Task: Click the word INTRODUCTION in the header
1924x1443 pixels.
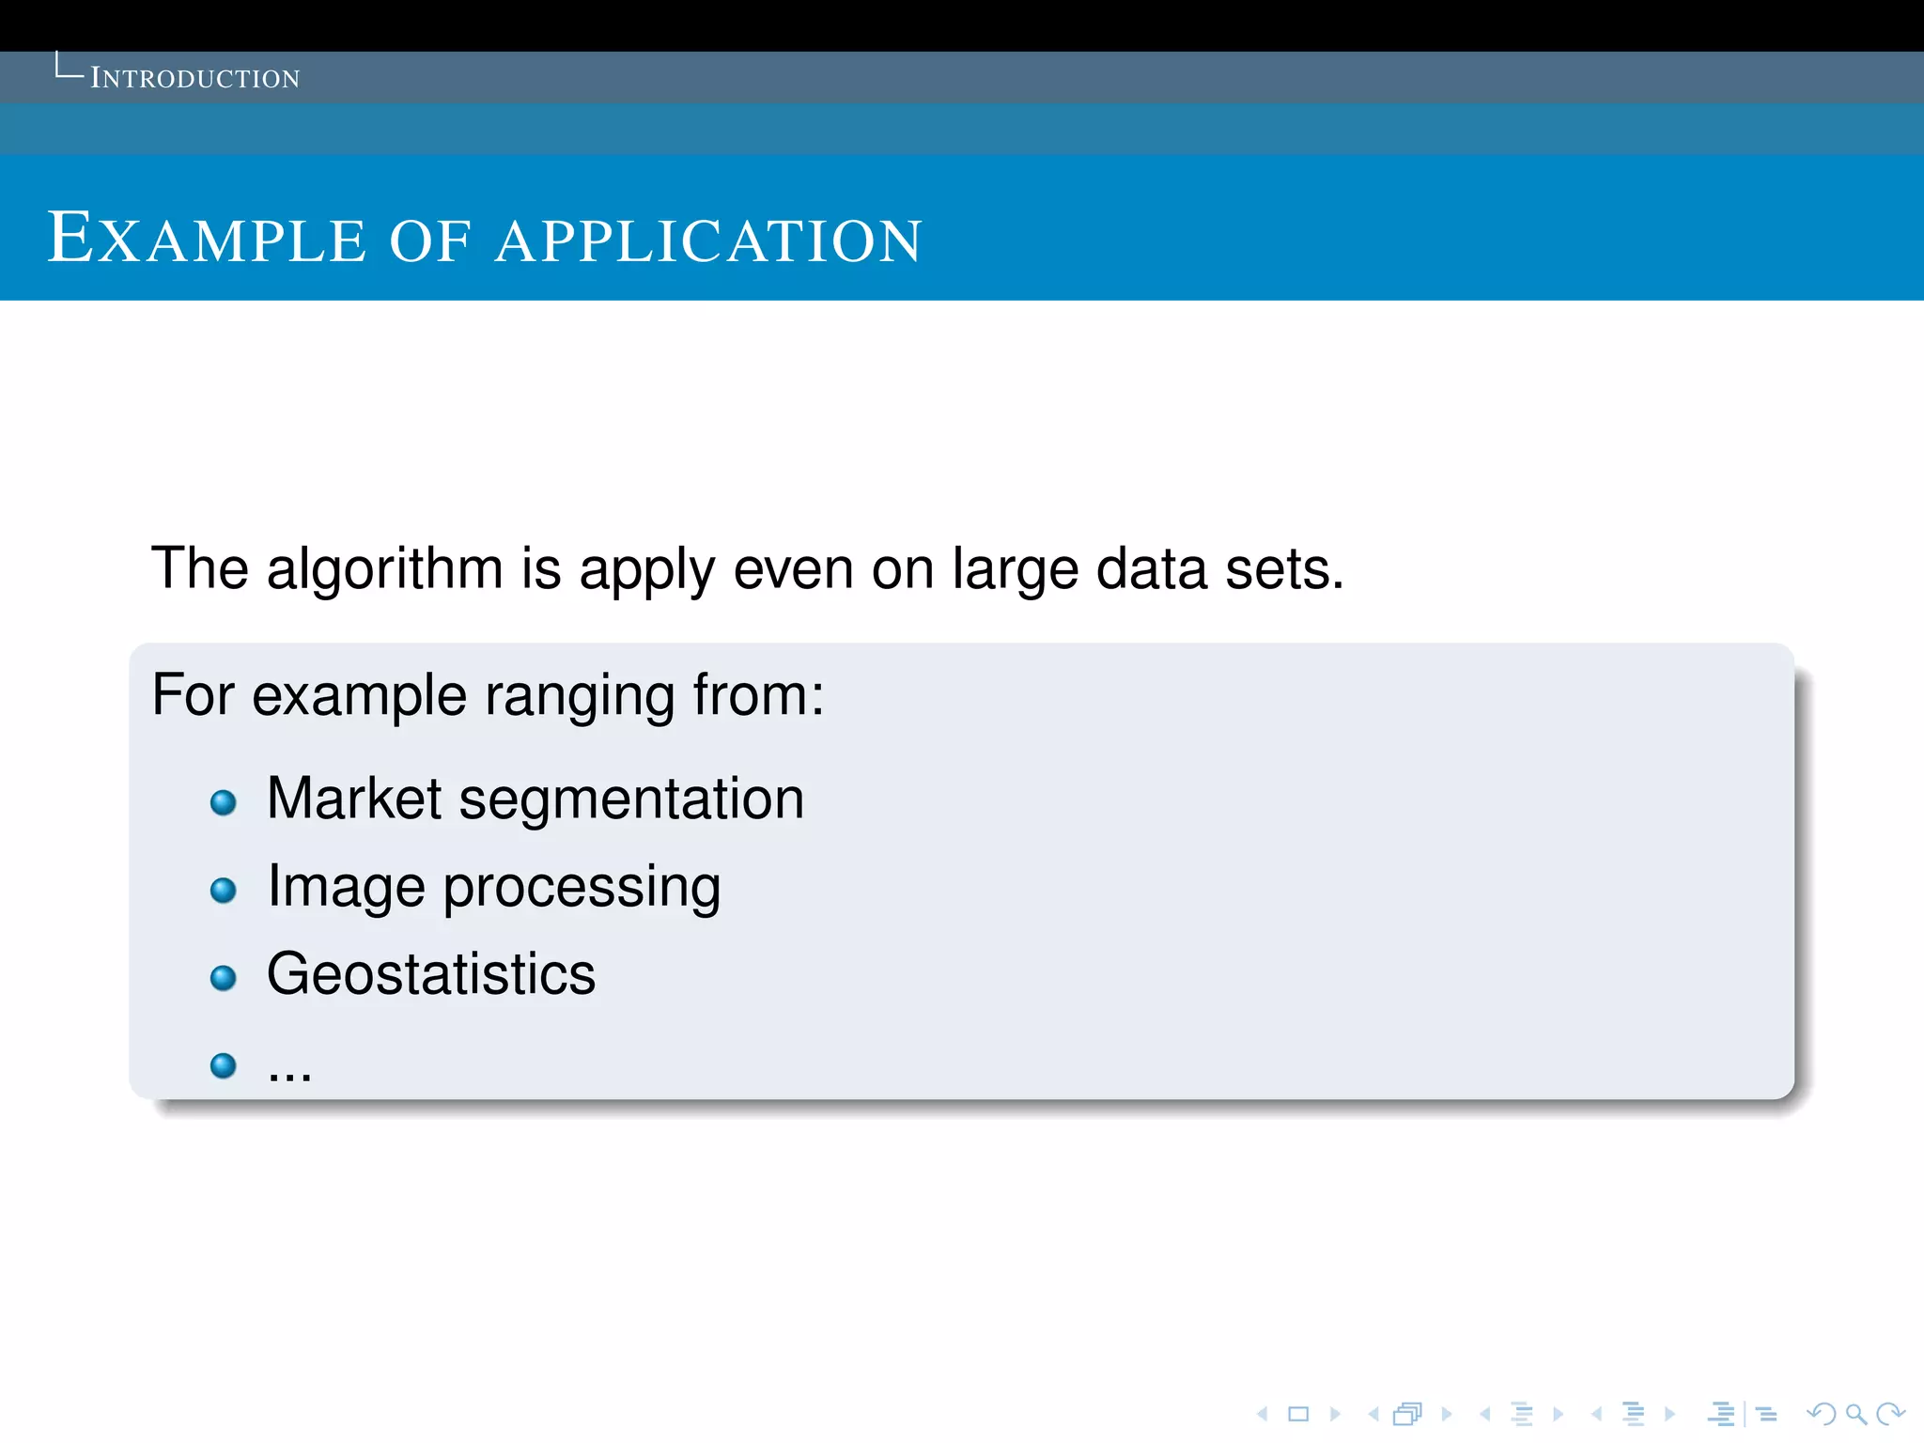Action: (x=194, y=78)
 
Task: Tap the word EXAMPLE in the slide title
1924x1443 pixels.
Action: (x=206, y=239)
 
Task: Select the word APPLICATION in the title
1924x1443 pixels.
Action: (x=708, y=240)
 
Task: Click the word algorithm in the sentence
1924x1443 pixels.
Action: (x=385, y=569)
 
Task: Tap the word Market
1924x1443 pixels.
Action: (x=354, y=799)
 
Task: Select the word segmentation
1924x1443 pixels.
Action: (x=631, y=800)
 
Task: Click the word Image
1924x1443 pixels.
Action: (x=346, y=888)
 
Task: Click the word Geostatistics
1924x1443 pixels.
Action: (x=431, y=973)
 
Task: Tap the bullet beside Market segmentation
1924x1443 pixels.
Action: (x=224, y=802)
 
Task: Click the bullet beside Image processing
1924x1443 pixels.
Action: (x=224, y=890)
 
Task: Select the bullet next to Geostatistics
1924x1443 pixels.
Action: (x=224, y=978)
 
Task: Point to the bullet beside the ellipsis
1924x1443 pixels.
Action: (x=224, y=1065)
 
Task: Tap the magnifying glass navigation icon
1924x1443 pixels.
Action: (x=1855, y=1414)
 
